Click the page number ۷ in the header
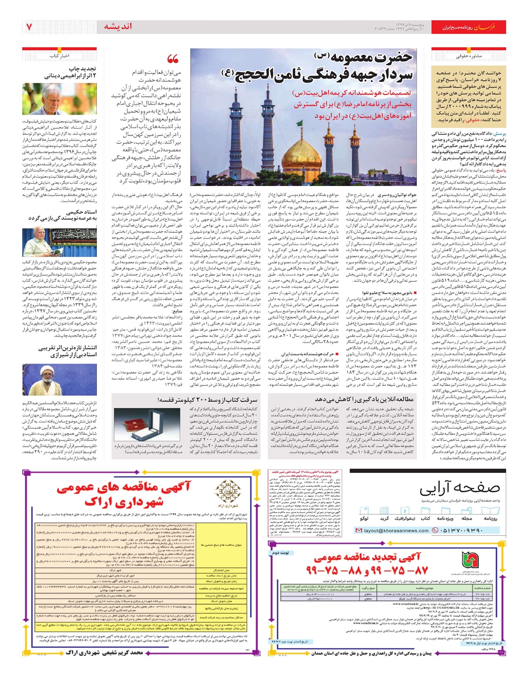[x=29, y=27]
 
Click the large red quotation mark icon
[x=173, y=59]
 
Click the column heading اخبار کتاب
[x=59, y=56]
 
